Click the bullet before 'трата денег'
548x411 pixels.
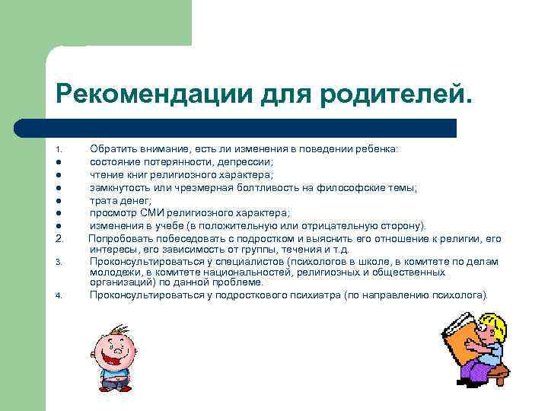[58, 201]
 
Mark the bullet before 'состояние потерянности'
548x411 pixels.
[58, 162]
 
